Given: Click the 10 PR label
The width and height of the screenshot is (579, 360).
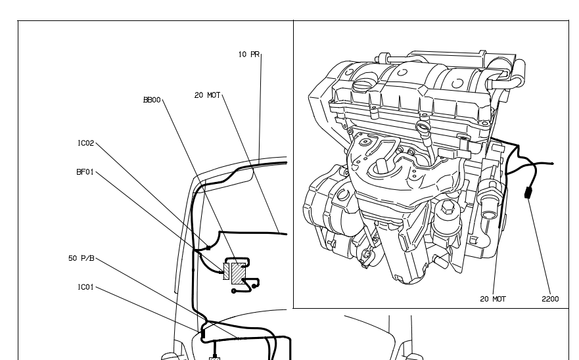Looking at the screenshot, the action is [x=249, y=55].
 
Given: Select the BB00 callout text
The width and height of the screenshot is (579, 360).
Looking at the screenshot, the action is [x=152, y=100].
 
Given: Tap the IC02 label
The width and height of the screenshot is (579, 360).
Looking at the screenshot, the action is [x=85, y=143].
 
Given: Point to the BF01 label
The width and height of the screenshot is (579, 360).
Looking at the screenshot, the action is [x=85, y=172].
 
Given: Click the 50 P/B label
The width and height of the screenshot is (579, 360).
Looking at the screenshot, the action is [x=81, y=258].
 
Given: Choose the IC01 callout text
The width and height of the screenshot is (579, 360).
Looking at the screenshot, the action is [x=85, y=287].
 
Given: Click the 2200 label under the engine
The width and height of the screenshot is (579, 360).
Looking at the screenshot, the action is [x=550, y=299].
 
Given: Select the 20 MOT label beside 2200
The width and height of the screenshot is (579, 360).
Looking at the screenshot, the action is [x=493, y=299].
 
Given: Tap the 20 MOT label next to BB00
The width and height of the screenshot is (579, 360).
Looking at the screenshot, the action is [x=208, y=95].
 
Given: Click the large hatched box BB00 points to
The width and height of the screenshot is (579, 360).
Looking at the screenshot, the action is [x=238, y=273].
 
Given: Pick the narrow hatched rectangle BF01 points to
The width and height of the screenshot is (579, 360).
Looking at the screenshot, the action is [x=226, y=271].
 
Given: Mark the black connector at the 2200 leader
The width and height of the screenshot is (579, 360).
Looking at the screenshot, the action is [x=528, y=192].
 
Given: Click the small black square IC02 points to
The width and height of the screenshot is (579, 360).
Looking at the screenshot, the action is [x=208, y=248].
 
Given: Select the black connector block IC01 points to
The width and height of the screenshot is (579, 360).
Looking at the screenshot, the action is [x=202, y=334].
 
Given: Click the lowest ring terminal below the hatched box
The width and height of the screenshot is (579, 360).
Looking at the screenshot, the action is [x=233, y=291].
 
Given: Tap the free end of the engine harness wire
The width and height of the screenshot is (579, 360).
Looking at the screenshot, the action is [x=553, y=163].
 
